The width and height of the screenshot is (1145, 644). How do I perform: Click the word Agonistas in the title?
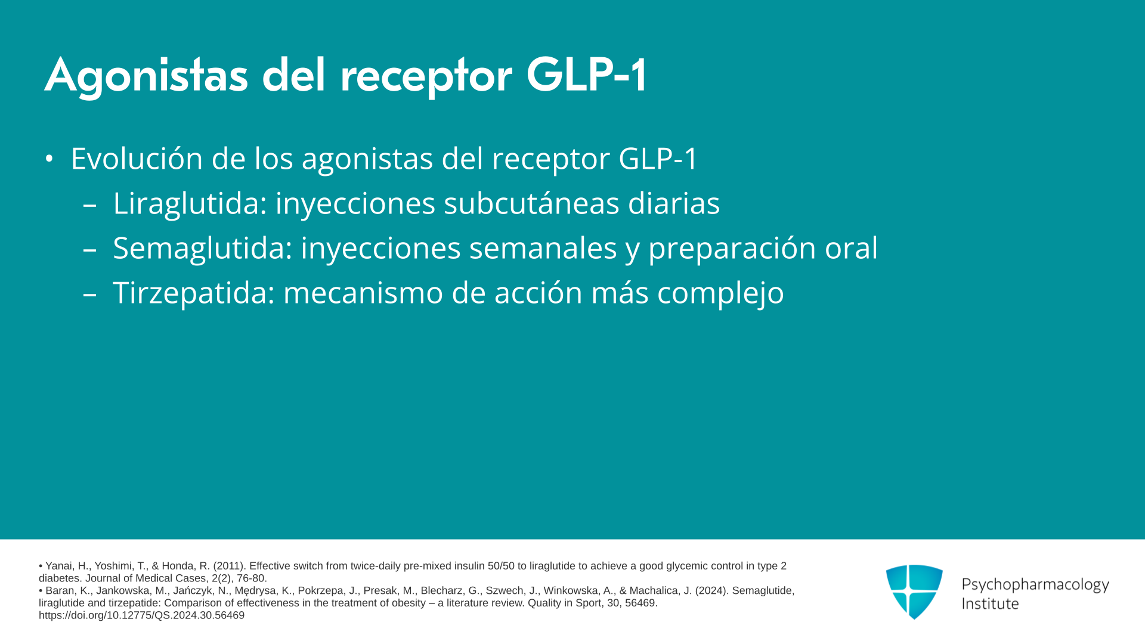pyautogui.click(x=146, y=76)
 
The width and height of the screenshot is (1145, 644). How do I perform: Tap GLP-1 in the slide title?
pyautogui.click(x=586, y=75)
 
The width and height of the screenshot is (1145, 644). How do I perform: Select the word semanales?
pyautogui.click(x=543, y=248)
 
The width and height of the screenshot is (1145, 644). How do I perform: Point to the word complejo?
pyautogui.click(x=720, y=293)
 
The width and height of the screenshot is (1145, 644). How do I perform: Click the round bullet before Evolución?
pyautogui.click(x=49, y=159)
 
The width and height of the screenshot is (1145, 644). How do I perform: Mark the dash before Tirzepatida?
pyautogui.click(x=90, y=293)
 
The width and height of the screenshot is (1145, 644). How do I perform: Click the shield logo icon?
pyautogui.click(x=914, y=592)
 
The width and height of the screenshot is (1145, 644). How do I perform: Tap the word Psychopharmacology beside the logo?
pyautogui.click(x=1035, y=585)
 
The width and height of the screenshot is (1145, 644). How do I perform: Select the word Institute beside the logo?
pyautogui.click(x=990, y=603)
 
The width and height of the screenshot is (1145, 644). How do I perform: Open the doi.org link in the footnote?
pyautogui.click(x=142, y=615)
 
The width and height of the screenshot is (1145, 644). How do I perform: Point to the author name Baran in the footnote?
pyautogui.click(x=60, y=591)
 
